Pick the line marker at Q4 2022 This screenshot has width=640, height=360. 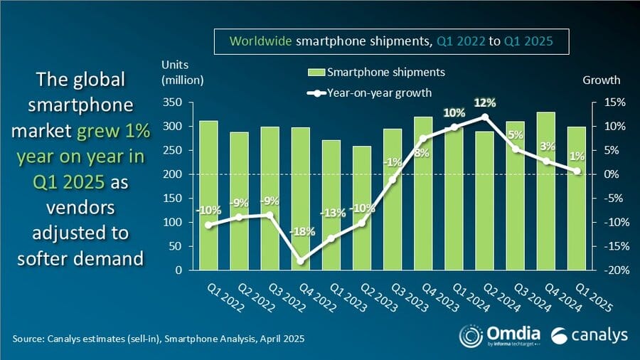[x=301, y=261]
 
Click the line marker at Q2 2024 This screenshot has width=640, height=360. [x=485, y=117]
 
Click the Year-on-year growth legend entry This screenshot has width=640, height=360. [x=370, y=92]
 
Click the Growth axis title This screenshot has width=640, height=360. [x=602, y=80]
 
